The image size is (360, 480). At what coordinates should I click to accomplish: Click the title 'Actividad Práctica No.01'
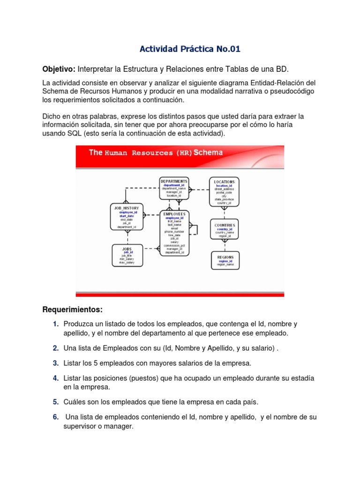point(190,49)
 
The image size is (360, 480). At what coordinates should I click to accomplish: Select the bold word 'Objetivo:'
point(59,69)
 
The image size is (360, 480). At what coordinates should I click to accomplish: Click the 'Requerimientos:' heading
point(72,310)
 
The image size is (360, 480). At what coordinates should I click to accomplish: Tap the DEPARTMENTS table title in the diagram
point(174,181)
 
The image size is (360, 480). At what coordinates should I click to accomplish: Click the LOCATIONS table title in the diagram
point(224,181)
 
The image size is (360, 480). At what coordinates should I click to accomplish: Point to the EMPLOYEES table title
point(174,214)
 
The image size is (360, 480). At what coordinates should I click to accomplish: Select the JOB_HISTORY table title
point(127,208)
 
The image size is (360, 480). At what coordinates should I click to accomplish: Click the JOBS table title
point(127,249)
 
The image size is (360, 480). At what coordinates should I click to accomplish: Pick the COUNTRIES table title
point(224,225)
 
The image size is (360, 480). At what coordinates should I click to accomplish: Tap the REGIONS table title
point(225,257)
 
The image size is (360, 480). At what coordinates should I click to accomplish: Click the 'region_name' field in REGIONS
point(225,265)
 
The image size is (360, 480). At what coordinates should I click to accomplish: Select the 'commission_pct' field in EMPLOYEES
point(174,245)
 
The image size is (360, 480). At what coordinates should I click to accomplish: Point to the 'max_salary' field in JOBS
point(127,262)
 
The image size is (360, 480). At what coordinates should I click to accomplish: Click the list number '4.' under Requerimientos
point(55,378)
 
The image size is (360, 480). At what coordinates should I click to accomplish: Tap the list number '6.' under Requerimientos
point(55,417)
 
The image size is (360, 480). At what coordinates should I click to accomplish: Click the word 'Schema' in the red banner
point(208,153)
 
